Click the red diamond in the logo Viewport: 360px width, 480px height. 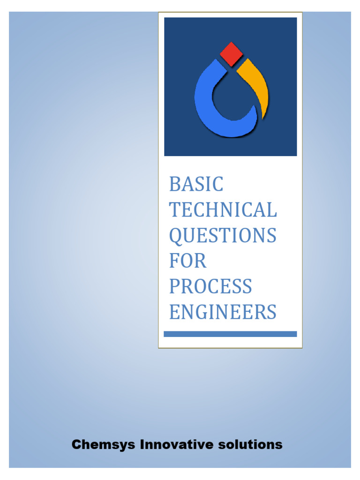point(230,54)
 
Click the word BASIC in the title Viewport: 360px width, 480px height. point(196,185)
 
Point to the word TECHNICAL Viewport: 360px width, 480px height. point(223,210)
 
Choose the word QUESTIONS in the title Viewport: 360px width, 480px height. point(223,235)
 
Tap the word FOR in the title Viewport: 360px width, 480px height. point(187,261)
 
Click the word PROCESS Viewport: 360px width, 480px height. point(210,286)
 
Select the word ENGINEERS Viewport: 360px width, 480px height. point(223,312)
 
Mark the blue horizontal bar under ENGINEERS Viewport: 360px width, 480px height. point(230,334)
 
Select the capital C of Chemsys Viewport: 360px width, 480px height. point(76,444)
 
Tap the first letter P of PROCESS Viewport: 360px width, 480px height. point(174,286)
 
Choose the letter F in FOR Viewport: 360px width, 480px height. point(174,261)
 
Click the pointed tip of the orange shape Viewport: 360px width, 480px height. point(264,117)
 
